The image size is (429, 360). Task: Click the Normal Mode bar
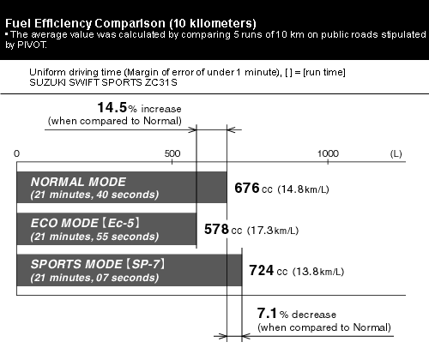coord(122,188)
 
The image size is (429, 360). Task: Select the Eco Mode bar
coord(106,229)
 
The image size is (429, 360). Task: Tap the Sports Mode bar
coord(130,270)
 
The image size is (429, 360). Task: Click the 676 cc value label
coord(253,189)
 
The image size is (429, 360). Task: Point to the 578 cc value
coord(223,230)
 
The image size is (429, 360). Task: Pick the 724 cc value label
coord(268,271)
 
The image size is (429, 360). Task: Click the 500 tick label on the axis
coord(172,153)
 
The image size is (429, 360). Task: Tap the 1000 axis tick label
coord(328,153)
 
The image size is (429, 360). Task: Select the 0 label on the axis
coord(16,153)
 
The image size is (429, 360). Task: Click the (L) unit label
coord(396,153)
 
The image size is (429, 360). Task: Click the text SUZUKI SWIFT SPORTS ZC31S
coord(103,82)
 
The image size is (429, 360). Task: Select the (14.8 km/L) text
coord(304,189)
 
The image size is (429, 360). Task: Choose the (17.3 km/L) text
coord(273,231)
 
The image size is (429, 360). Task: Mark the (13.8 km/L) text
coord(318,272)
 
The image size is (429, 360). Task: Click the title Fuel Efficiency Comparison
coord(86,23)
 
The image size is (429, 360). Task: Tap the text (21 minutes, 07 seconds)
coord(94,278)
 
